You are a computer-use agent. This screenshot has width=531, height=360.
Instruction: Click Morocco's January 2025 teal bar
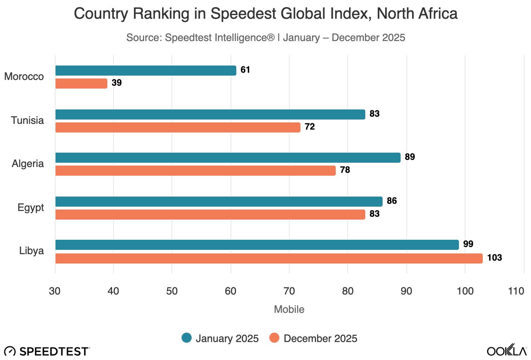(x=146, y=71)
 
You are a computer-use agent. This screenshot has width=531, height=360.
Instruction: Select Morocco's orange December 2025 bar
(x=81, y=84)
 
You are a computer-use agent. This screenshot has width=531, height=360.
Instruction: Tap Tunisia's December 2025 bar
(x=178, y=127)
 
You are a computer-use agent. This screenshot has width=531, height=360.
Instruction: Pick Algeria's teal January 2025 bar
(x=228, y=158)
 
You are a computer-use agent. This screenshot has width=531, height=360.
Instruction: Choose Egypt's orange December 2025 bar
(x=210, y=215)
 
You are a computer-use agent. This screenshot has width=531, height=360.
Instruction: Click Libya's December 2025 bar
(x=269, y=258)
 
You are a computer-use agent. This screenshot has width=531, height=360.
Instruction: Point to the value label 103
(x=494, y=258)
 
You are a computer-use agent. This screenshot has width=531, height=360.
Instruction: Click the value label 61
(x=245, y=70)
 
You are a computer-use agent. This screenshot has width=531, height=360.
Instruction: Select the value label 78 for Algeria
(x=345, y=170)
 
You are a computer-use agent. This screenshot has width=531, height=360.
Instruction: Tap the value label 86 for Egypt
(x=392, y=201)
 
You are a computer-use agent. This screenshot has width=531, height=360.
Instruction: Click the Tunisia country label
(x=27, y=120)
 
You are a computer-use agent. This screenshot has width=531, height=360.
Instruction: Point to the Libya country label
(x=32, y=251)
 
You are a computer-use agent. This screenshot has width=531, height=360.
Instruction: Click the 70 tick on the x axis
(x=289, y=291)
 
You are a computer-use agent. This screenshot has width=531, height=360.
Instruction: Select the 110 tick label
(x=516, y=291)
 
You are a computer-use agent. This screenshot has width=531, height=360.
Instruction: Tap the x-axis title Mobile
(x=289, y=309)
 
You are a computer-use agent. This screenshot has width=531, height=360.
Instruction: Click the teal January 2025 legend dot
(x=187, y=338)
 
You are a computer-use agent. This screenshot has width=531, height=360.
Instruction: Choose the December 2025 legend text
(x=320, y=338)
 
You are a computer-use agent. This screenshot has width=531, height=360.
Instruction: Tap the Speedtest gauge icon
(x=10, y=351)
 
